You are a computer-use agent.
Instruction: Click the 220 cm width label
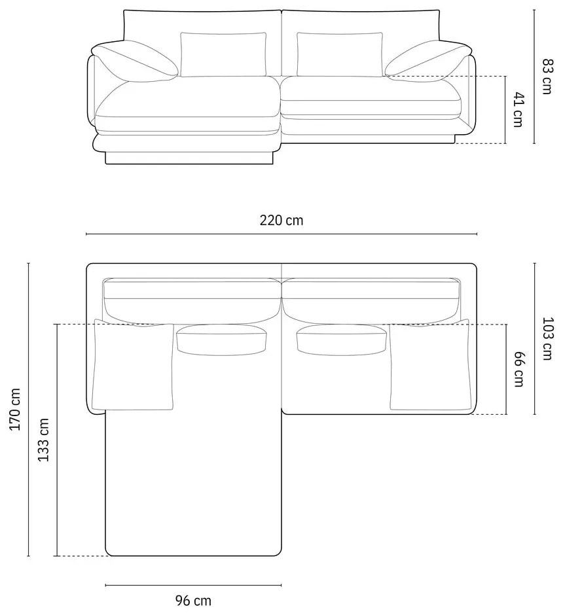click(281, 220)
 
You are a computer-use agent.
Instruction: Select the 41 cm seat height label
click(518, 109)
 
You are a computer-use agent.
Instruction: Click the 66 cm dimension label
click(518, 370)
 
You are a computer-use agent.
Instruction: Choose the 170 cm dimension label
click(16, 409)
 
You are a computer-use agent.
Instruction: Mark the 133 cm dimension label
click(44, 440)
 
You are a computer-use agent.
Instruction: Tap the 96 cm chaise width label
click(193, 599)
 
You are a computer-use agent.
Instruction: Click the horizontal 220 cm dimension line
click(281, 234)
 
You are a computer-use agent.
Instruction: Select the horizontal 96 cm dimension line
click(193, 585)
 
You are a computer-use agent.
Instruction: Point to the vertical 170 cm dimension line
click(29, 409)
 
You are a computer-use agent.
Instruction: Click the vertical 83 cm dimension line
click(535, 77)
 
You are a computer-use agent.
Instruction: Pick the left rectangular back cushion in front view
click(223, 54)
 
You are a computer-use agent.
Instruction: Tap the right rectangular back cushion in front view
click(340, 54)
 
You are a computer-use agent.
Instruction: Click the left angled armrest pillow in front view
click(136, 61)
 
